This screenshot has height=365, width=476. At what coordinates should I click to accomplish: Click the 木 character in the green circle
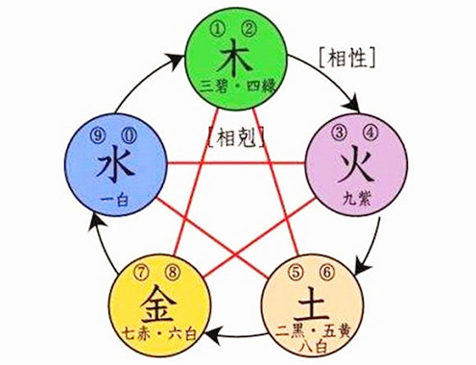coord(238,56)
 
